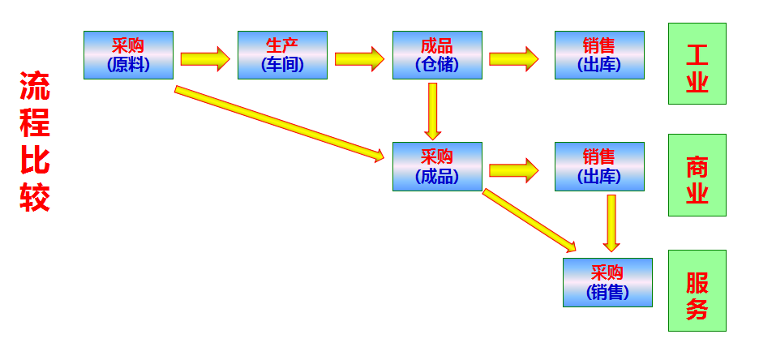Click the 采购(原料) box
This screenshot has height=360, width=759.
click(x=128, y=55)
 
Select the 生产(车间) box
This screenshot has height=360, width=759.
click(x=282, y=55)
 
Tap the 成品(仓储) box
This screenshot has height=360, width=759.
click(x=437, y=55)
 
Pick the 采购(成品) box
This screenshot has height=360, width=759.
click(x=437, y=166)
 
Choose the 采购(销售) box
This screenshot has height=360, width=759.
click(x=607, y=282)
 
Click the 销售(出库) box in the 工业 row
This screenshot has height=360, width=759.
click(x=599, y=55)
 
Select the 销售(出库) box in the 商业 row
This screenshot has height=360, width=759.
click(x=599, y=166)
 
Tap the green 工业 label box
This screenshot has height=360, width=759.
click(x=697, y=63)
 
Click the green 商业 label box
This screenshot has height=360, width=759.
click(x=697, y=175)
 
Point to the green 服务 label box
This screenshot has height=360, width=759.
click(x=697, y=290)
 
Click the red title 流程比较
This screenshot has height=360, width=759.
click(x=35, y=142)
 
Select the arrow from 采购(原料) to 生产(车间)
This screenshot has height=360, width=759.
click(x=204, y=58)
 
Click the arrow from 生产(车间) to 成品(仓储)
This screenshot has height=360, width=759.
click(x=358, y=58)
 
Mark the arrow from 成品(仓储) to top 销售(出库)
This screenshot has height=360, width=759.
click(x=513, y=58)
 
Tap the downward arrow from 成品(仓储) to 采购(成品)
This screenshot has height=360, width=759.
click(x=433, y=110)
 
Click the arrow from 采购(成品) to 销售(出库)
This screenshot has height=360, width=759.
click(x=513, y=170)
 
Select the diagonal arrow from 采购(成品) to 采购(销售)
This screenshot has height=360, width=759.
click(x=529, y=220)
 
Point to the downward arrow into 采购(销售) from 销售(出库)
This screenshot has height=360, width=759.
click(x=611, y=222)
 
